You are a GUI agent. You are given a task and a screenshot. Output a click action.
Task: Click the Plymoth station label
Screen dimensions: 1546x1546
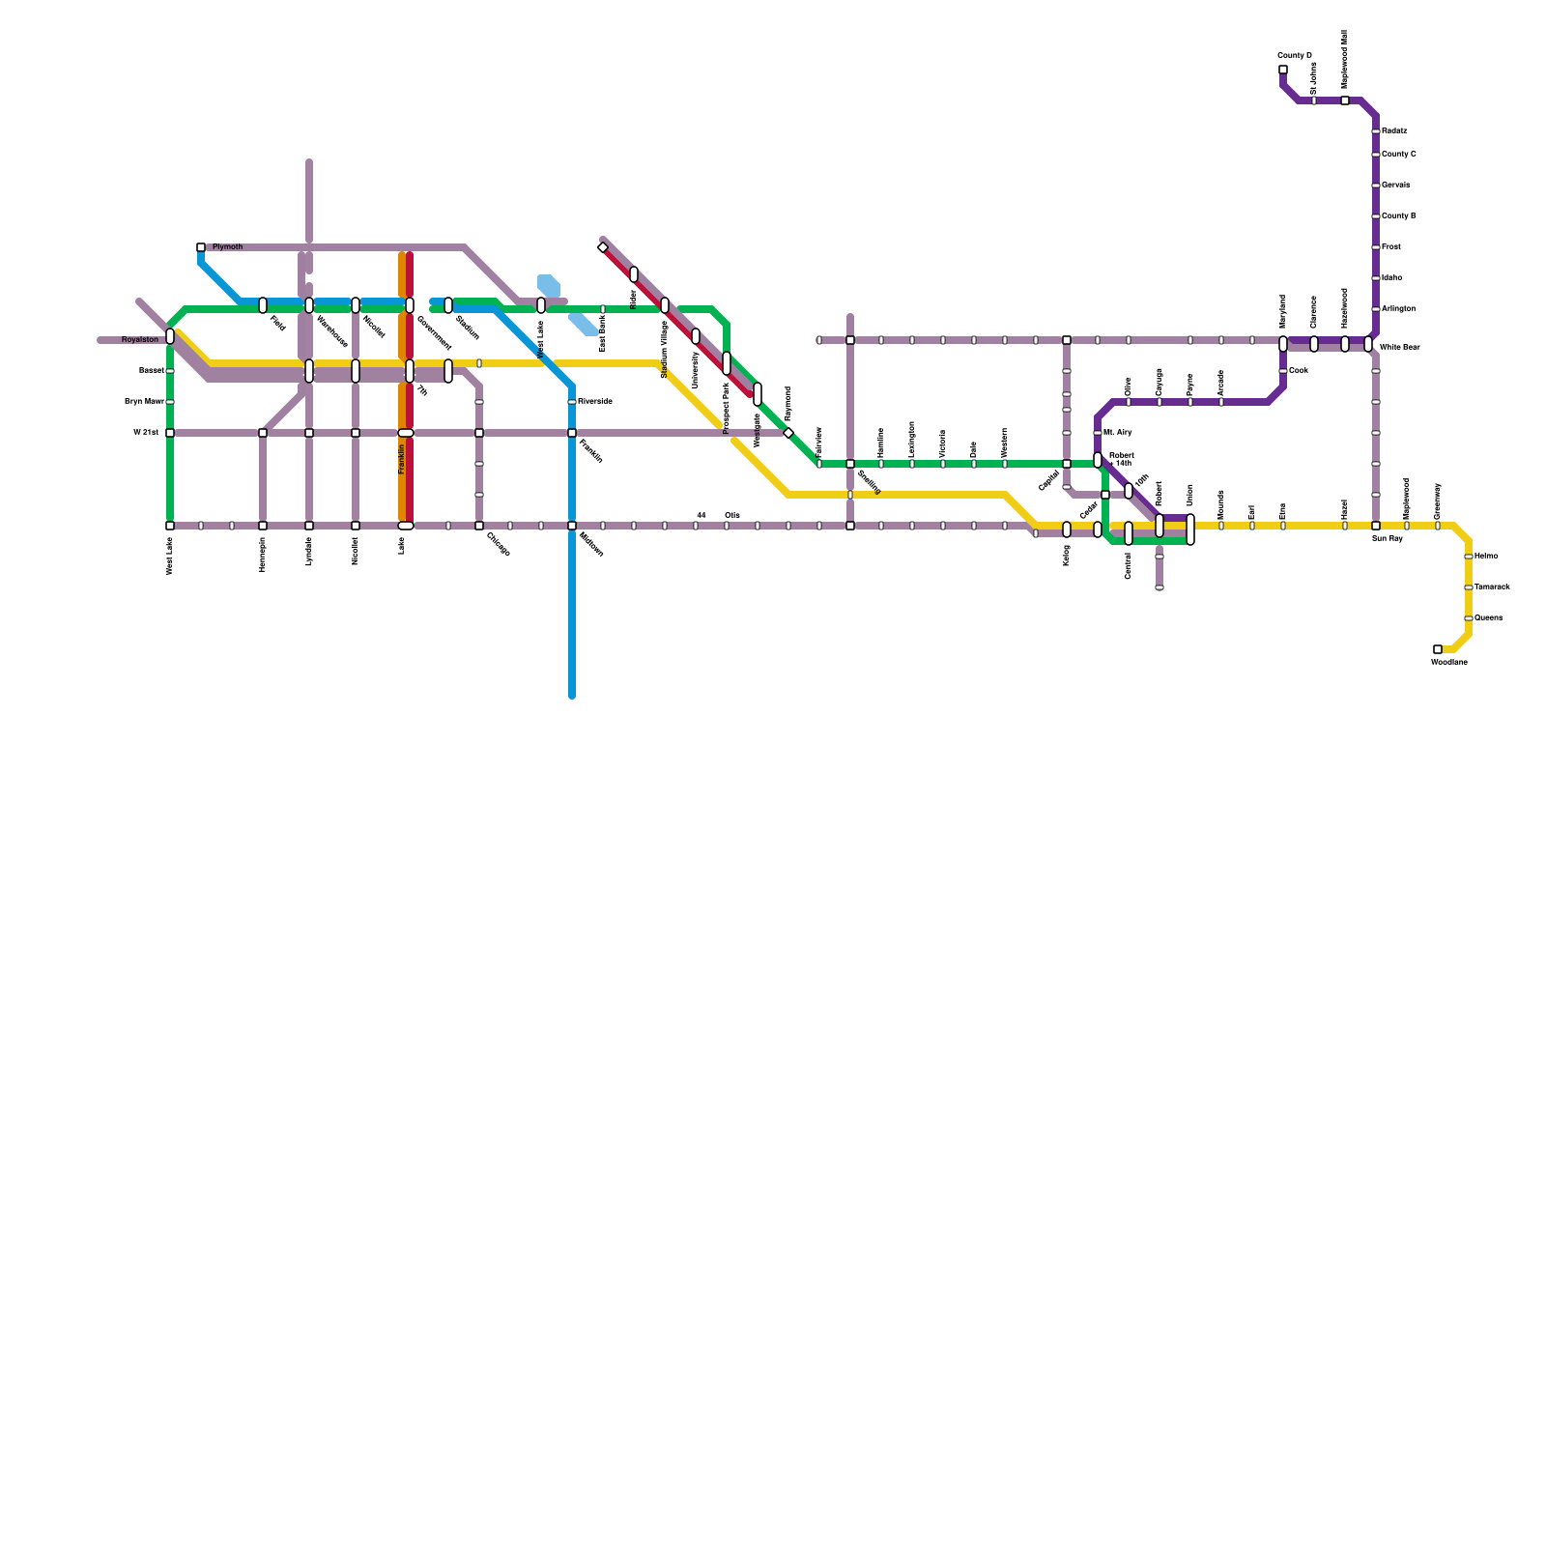tap(227, 247)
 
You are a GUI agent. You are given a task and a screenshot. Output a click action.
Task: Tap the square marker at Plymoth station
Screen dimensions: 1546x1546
tap(201, 247)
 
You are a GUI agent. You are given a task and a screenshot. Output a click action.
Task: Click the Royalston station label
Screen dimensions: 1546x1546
tap(140, 340)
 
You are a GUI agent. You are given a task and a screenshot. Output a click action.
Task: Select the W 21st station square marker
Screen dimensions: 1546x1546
tap(170, 433)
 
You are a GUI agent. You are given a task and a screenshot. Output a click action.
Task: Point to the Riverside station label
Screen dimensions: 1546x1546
tap(595, 402)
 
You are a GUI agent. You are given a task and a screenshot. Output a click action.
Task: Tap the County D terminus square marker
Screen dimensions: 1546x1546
tap(1283, 70)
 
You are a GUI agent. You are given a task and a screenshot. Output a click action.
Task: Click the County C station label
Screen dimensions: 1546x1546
tap(1399, 155)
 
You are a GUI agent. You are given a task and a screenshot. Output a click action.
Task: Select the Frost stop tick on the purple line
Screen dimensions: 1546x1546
tap(1376, 247)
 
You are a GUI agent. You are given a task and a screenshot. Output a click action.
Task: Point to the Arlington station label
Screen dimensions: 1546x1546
tap(1398, 309)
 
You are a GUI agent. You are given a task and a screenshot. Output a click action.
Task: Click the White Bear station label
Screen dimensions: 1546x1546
tap(1399, 347)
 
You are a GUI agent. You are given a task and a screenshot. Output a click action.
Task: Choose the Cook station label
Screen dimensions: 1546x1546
tap(1298, 371)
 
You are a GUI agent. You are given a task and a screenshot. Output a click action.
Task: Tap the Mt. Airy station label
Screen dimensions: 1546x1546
tap(1117, 433)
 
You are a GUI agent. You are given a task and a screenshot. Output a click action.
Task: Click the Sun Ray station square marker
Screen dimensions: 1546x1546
tap(1376, 526)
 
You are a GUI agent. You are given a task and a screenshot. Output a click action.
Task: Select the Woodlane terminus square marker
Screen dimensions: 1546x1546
tap(1438, 649)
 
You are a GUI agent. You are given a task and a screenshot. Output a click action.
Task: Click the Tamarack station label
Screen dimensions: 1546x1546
tap(1492, 587)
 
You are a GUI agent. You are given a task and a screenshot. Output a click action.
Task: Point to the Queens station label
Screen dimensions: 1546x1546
tap(1489, 618)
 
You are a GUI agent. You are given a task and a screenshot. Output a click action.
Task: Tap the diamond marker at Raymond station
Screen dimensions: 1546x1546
tap(788, 433)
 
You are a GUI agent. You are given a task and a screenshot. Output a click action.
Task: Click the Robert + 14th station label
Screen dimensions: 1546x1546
tap(1121, 459)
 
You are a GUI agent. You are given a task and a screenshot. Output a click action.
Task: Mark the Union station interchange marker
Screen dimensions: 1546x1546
tap(1190, 530)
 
